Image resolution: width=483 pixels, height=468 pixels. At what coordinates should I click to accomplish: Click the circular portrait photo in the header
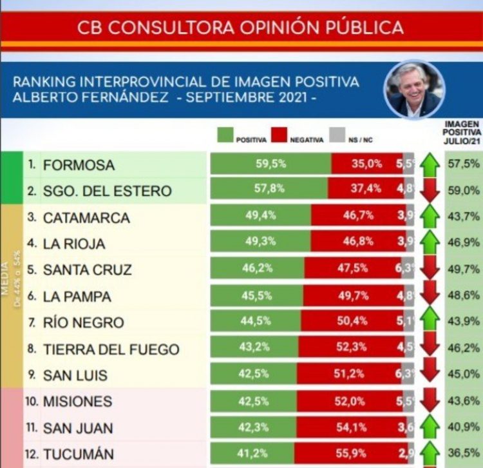point(414,89)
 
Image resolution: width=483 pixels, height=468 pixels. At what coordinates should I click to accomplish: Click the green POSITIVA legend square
point(225,135)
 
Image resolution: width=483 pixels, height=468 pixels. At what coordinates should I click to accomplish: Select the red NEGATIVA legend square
point(278,135)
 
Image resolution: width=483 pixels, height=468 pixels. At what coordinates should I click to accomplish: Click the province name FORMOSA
point(79,165)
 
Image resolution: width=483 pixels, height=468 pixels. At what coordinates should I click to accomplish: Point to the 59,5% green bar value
point(270,164)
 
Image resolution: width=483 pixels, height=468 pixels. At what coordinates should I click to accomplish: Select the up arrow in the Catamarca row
point(430,217)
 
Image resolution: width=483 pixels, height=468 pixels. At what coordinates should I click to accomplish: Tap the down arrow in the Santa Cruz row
point(430,269)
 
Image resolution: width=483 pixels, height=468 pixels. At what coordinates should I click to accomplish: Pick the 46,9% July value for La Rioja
point(462,243)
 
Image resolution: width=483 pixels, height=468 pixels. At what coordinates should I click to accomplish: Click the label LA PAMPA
point(77,297)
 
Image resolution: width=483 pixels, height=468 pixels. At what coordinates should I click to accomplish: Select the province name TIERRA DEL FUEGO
point(111,349)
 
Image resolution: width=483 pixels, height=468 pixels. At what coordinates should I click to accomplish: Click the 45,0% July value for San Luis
point(462,375)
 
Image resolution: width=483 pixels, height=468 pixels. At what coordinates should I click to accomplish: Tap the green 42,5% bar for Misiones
point(253,401)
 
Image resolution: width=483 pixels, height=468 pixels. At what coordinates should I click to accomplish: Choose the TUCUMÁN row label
point(78,454)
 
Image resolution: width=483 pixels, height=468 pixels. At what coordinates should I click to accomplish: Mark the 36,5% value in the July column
point(462,454)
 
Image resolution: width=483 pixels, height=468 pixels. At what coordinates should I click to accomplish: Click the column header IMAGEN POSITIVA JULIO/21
point(462,133)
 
